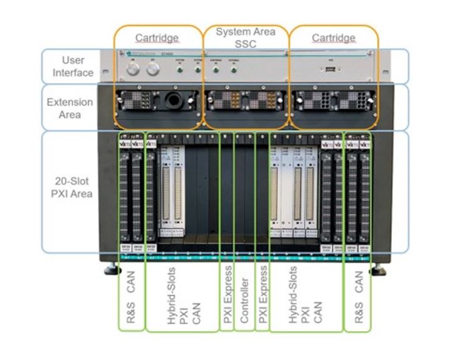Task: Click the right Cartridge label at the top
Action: (x=333, y=38)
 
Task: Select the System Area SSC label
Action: (x=246, y=36)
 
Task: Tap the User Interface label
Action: (x=77, y=66)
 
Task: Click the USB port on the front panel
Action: (x=329, y=70)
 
